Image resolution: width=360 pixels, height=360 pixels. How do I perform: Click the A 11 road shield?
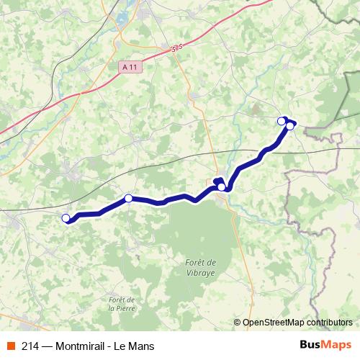point(129,66)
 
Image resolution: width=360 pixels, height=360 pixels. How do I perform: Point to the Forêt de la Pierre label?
point(121,303)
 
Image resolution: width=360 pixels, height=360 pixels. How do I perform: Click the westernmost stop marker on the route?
point(66,218)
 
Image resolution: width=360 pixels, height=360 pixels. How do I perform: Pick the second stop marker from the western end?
point(128,198)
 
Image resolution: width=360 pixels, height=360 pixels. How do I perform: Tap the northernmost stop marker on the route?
point(282,120)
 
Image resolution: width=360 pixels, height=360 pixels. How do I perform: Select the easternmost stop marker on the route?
point(290,126)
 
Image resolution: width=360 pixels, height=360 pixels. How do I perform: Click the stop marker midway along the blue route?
point(221,187)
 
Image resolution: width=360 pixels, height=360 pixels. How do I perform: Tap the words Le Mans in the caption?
point(136,346)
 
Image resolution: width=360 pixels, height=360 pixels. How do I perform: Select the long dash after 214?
point(48,346)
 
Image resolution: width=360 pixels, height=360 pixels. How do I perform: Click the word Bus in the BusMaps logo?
point(310,346)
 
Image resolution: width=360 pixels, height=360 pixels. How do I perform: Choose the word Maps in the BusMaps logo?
point(336,346)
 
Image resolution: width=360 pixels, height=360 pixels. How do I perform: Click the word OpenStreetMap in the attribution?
point(273,323)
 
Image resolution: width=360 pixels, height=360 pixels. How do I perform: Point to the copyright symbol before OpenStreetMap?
point(237,323)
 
